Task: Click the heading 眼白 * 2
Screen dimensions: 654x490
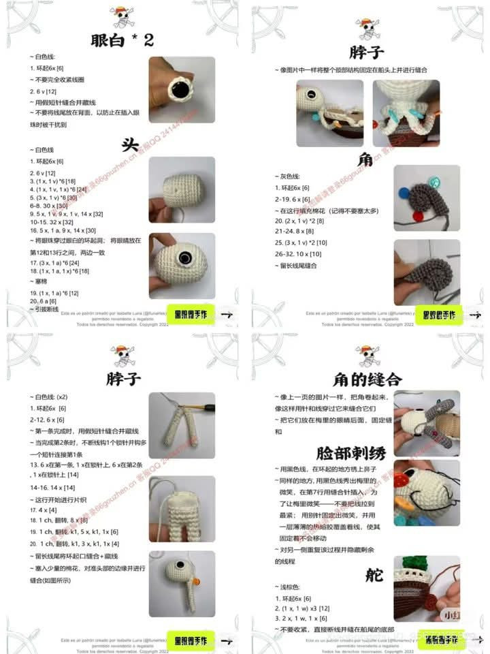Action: [x=122, y=40]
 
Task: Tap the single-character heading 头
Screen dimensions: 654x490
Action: [x=130, y=144]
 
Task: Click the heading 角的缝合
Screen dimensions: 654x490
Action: [x=367, y=379]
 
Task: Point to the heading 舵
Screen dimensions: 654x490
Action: [x=374, y=575]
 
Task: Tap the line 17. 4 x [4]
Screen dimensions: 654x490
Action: [x=44, y=510]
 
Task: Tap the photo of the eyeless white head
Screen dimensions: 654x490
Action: [x=182, y=190]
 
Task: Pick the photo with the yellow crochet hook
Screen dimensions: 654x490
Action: [x=182, y=426]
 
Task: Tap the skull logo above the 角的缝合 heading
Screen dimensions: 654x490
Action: [x=367, y=355]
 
